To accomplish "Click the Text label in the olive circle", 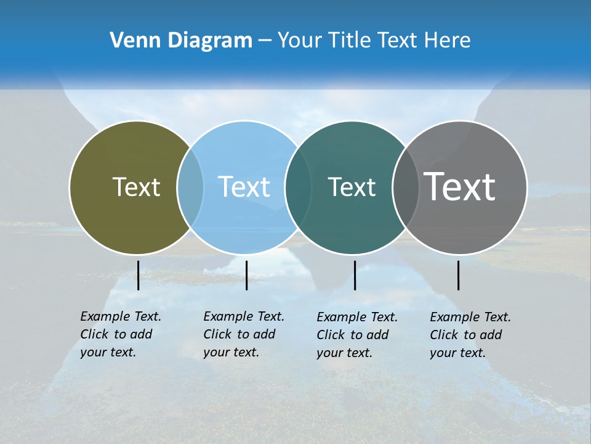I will click(136, 187).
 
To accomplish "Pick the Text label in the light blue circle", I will click(244, 187).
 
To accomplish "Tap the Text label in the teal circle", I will click(352, 187).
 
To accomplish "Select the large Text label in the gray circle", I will click(460, 187).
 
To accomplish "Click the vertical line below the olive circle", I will click(138, 275).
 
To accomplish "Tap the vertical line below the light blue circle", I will click(246, 275).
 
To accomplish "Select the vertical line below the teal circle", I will click(355, 275).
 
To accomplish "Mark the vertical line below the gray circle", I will click(458, 275).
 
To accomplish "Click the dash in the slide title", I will click(265, 41).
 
